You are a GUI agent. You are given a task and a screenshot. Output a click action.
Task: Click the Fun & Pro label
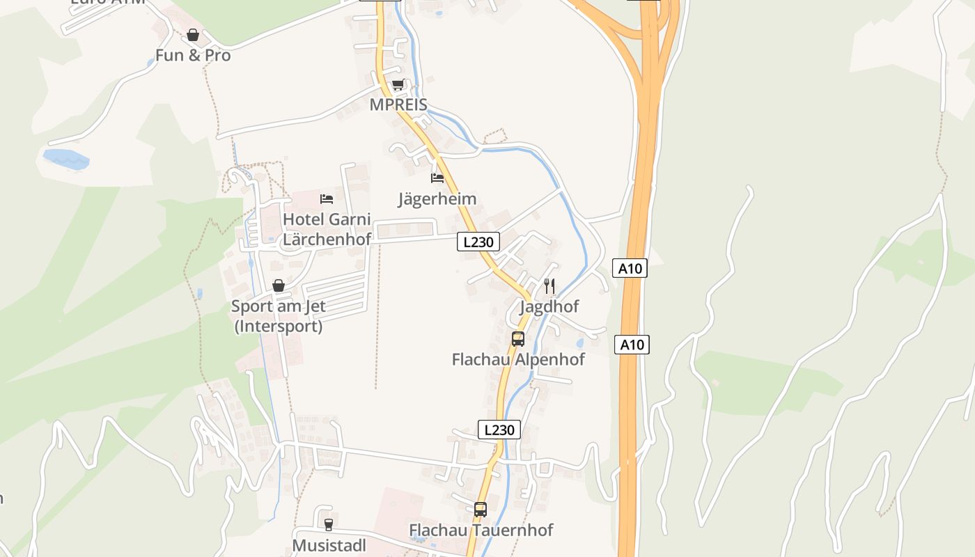click(193, 55)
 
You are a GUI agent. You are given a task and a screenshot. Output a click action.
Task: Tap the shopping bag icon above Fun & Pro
click(193, 34)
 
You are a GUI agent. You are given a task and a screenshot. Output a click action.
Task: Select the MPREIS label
click(398, 104)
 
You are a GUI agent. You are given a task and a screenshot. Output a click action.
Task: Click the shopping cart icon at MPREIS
click(398, 85)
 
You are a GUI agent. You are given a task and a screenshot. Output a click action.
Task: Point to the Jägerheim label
click(437, 199)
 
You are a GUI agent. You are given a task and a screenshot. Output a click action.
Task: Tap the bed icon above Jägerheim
click(437, 178)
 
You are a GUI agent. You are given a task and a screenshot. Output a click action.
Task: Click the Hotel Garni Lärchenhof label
click(327, 228)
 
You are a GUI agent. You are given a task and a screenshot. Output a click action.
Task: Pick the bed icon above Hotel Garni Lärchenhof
click(327, 199)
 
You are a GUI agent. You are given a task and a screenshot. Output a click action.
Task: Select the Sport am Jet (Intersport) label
click(279, 315)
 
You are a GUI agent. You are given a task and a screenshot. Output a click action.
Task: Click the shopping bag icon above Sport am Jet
click(279, 285)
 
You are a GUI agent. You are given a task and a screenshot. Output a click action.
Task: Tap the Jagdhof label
click(549, 306)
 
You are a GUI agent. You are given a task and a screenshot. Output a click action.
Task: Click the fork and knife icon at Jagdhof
click(549, 285)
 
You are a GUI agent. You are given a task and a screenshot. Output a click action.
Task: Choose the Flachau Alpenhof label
click(518, 359)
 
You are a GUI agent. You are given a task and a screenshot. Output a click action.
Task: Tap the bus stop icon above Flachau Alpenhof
click(518, 339)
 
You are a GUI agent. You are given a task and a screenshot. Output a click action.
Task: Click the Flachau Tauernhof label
click(481, 530)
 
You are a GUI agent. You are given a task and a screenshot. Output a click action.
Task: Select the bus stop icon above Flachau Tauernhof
click(481, 509)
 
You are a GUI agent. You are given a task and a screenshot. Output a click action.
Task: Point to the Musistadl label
click(329, 545)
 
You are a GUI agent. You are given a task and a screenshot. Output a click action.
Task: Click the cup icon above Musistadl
click(329, 524)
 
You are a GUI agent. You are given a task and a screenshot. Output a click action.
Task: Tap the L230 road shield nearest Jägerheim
click(478, 242)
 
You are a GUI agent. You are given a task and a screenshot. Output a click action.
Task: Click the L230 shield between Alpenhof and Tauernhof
click(499, 430)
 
